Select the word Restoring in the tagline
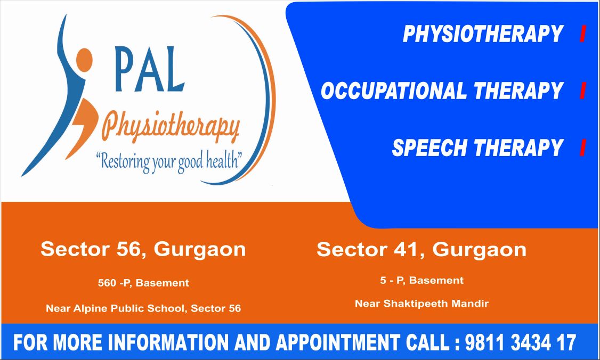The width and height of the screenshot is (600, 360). (123, 161)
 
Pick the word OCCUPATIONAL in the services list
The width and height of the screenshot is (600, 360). (394, 91)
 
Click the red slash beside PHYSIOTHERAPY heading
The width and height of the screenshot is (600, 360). (583, 34)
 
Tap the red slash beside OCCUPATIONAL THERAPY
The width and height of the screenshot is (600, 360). (583, 91)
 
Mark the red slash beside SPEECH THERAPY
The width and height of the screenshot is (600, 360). (583, 148)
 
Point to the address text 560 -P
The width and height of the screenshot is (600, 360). (114, 283)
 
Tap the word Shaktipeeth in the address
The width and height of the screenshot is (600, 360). (416, 304)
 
